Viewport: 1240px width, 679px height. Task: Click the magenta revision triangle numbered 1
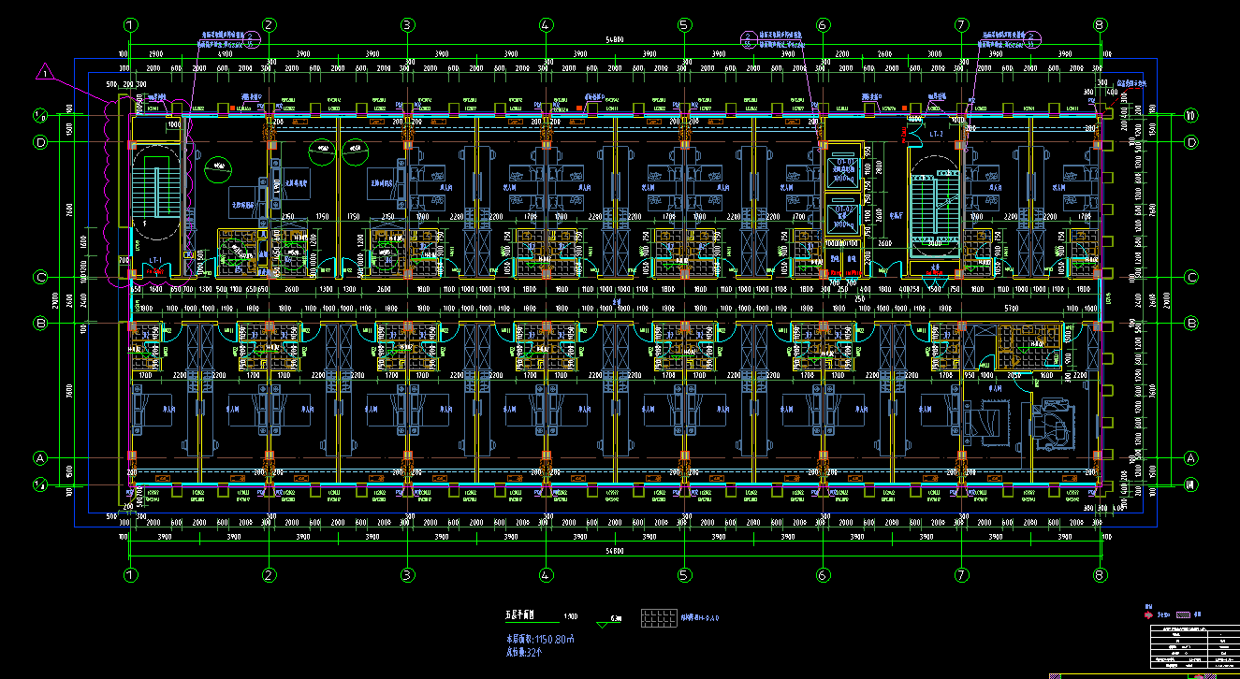(x=44, y=72)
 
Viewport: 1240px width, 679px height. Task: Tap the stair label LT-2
(x=935, y=135)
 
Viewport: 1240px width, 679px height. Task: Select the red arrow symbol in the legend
(x=1148, y=614)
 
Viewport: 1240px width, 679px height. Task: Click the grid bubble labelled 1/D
(x=40, y=116)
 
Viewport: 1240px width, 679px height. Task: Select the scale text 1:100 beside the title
(x=570, y=617)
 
